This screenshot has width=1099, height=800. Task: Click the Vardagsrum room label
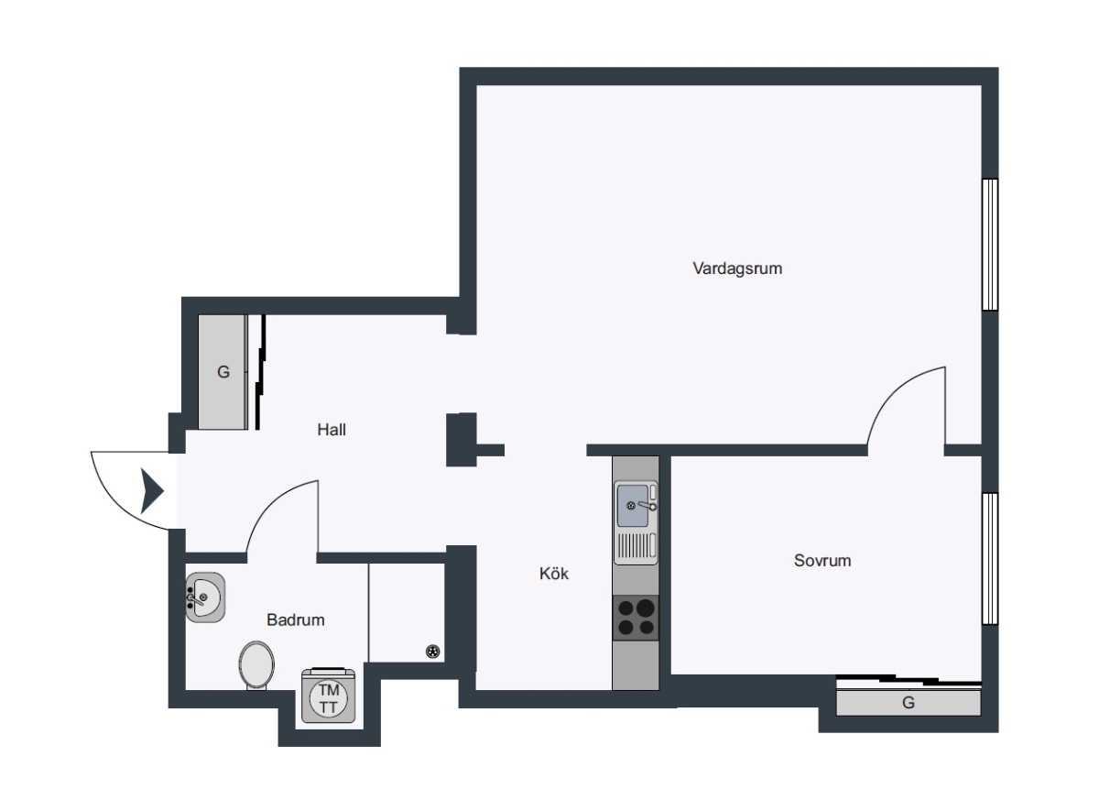(x=737, y=268)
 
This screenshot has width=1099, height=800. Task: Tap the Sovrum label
(x=822, y=561)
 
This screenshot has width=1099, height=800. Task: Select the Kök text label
(x=554, y=574)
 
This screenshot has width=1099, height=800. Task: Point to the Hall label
(x=332, y=430)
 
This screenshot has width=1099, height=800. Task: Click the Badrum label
(x=295, y=619)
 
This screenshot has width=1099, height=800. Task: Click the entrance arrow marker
(x=152, y=491)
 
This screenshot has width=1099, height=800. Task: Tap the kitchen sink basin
(x=633, y=505)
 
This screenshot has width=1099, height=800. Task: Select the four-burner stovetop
(x=636, y=618)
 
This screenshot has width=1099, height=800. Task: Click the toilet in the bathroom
(x=256, y=665)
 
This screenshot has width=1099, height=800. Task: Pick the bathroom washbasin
(x=205, y=597)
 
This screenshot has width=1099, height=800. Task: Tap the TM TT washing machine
(x=328, y=696)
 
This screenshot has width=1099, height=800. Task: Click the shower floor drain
(x=432, y=652)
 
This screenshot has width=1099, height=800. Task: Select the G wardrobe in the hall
(x=223, y=372)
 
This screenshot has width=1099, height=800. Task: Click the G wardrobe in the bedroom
(x=909, y=702)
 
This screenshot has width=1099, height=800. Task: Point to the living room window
(x=990, y=245)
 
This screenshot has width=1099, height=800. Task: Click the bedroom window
(x=990, y=558)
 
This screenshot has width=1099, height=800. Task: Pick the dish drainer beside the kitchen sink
(x=636, y=545)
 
